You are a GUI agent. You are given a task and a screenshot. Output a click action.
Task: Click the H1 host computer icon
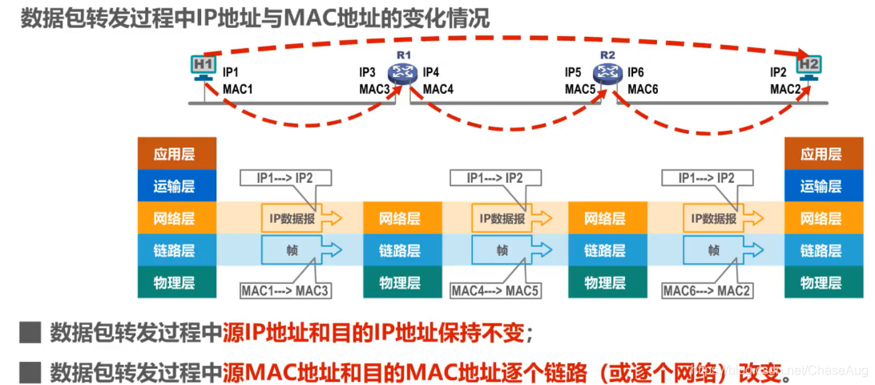tap(204, 67)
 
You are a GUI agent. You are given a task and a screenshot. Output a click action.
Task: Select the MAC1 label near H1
tap(238, 88)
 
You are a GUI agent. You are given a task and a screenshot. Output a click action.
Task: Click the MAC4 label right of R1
tap(438, 88)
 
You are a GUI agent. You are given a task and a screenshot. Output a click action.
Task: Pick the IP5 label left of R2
tap(573, 72)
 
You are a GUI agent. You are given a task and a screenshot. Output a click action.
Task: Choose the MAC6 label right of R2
tap(643, 88)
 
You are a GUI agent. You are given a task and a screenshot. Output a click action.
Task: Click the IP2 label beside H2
tap(778, 72)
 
